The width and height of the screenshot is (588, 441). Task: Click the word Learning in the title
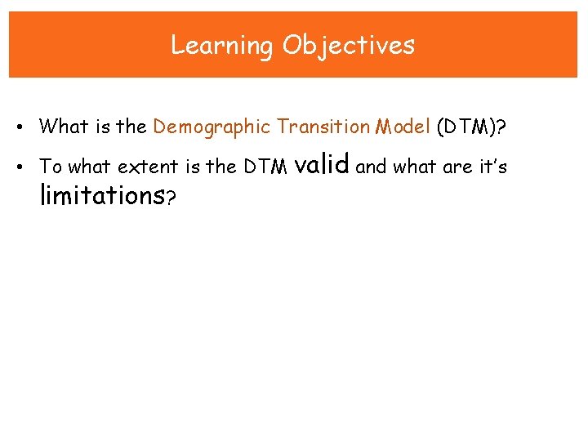click(x=222, y=46)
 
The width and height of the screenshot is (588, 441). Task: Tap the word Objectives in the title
click(x=349, y=46)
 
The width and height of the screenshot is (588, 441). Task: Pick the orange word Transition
click(x=323, y=127)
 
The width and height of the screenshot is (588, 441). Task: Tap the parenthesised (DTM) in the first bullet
click(x=470, y=127)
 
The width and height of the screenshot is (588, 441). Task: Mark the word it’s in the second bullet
click(x=490, y=167)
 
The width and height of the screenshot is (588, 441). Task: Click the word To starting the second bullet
click(x=51, y=167)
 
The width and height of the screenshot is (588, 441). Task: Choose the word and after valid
click(x=372, y=167)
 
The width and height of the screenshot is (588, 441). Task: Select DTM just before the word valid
click(x=265, y=167)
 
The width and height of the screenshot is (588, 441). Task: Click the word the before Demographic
click(x=131, y=127)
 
